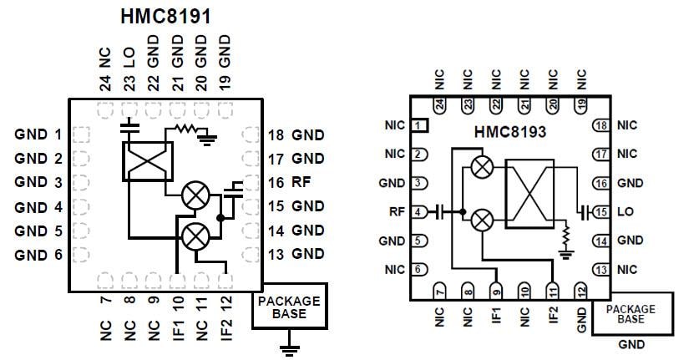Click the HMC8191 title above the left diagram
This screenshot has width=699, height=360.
tap(165, 16)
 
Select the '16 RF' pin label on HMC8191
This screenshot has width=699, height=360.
tap(291, 181)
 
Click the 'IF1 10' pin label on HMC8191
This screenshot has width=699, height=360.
tap(177, 319)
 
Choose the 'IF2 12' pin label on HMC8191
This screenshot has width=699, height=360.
tap(225, 319)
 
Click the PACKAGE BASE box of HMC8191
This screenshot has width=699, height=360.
tap(288, 307)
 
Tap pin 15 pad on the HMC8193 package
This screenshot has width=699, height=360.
tap(600, 211)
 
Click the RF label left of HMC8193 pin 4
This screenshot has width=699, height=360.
tap(397, 212)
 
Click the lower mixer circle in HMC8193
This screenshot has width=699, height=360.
tap(481, 221)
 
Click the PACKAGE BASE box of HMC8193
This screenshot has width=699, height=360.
tap(632, 313)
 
